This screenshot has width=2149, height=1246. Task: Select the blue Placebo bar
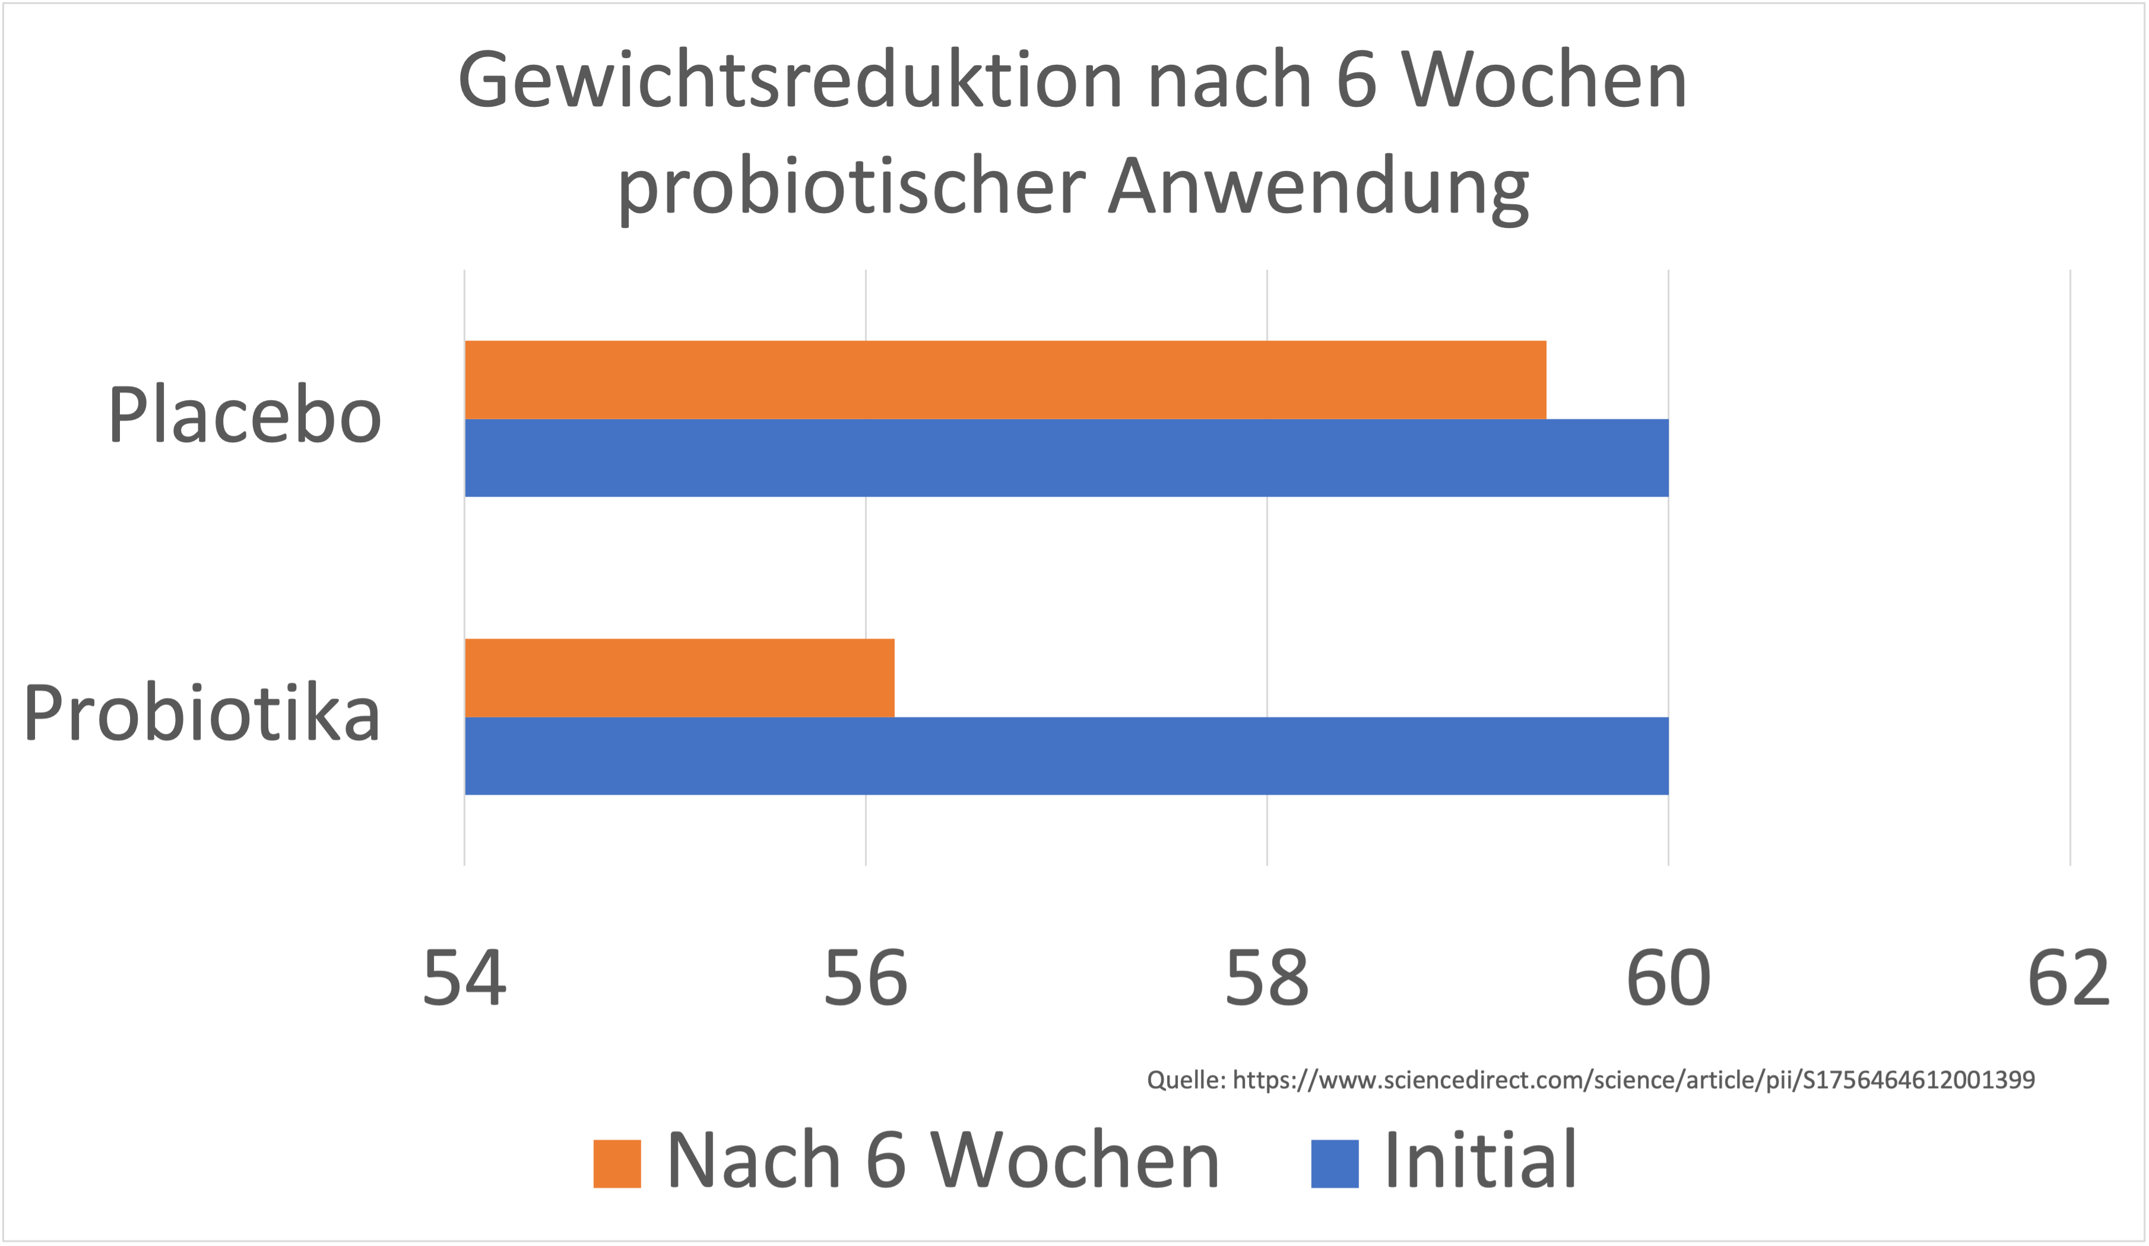pos(1066,458)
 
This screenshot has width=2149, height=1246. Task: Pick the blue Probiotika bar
pos(1066,756)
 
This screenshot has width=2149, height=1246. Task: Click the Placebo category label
pos(245,416)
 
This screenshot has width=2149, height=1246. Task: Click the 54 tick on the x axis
pos(465,979)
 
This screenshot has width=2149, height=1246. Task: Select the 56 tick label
pos(866,979)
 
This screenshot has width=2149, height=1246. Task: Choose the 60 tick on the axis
pos(1668,979)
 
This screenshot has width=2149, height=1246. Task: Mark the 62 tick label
pos(2068,979)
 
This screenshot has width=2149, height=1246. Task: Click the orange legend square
pos(617,1163)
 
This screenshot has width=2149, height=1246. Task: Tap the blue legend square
pos(1335,1163)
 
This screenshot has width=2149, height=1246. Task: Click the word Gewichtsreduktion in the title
pos(790,81)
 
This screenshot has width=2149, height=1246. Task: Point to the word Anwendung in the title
pos(1318,188)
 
